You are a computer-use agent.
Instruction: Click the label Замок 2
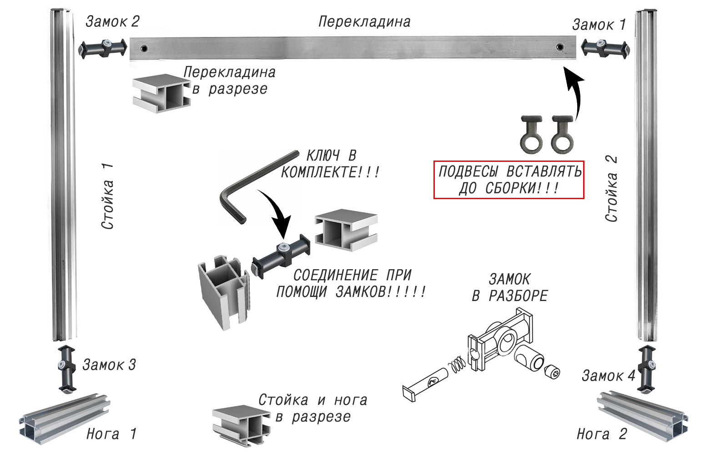(112, 21)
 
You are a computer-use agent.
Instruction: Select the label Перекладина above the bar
(364, 22)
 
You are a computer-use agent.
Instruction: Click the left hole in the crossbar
(144, 48)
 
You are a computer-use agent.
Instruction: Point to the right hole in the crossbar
(560, 47)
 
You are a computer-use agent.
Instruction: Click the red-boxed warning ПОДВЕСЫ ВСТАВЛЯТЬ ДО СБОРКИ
(509, 180)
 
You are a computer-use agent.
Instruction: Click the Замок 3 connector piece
(66, 368)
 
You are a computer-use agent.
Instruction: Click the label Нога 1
(111, 434)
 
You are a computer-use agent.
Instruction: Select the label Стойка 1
(107, 196)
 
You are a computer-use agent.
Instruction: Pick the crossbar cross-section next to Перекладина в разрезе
(161, 93)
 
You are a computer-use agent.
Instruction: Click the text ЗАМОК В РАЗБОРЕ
(509, 287)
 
